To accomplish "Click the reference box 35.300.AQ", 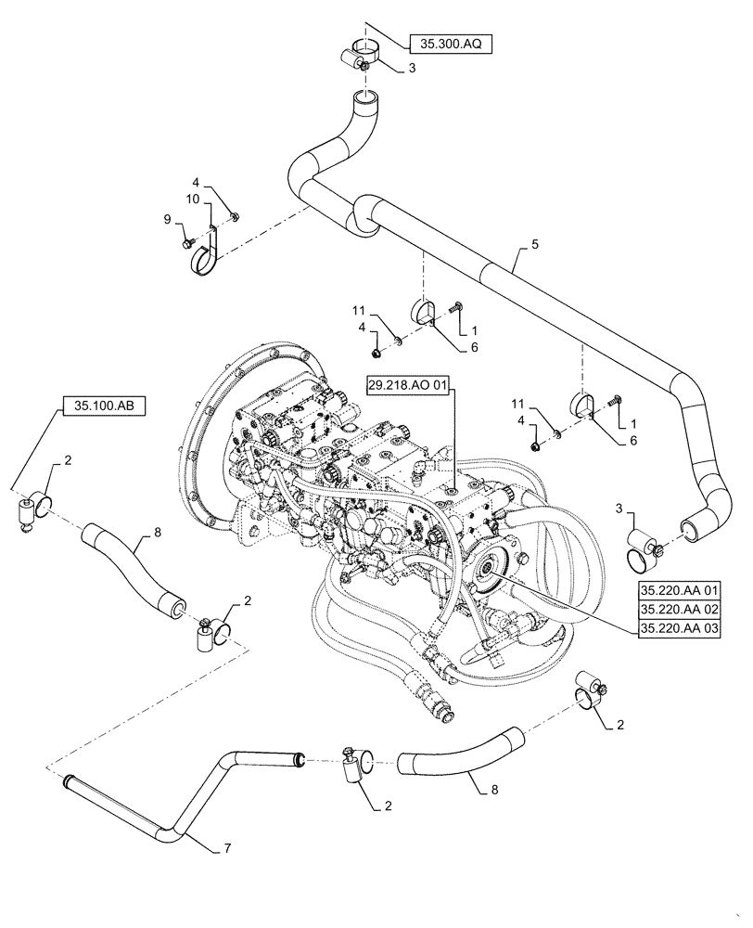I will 450,43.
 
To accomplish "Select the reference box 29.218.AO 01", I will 412,383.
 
